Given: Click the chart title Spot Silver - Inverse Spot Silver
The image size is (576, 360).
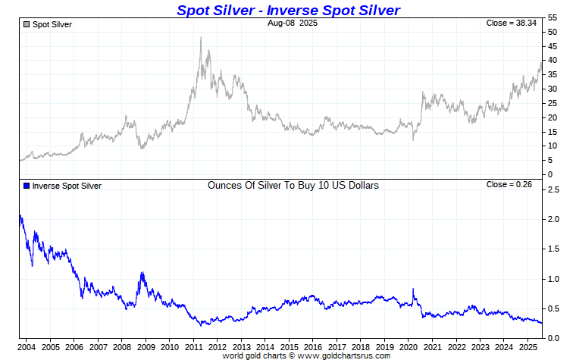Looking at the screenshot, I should (288, 10).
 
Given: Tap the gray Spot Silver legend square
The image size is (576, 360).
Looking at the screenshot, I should (27, 25).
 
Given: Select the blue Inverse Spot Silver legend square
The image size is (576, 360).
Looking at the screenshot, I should (27, 186).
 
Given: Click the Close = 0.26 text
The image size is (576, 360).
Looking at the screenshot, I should (513, 185).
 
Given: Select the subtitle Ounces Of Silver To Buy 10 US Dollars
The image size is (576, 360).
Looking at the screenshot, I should (293, 185).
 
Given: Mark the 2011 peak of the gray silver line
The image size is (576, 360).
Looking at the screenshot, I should (201, 37).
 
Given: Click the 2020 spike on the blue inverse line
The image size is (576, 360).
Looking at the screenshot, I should (413, 289).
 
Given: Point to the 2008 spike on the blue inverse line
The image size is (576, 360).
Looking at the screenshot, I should (142, 273).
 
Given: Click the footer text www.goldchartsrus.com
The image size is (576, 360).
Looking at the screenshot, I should (345, 355).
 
